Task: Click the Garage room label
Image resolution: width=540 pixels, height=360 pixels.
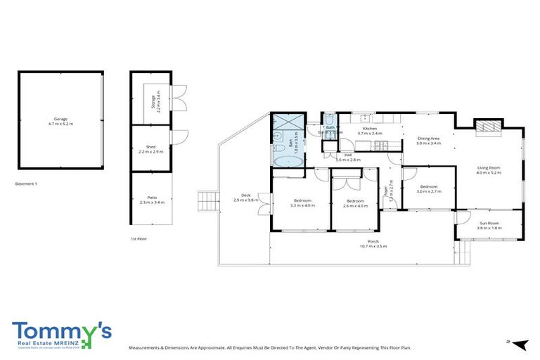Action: pyautogui.click(x=61, y=119)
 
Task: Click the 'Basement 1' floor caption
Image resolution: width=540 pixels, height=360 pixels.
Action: pyautogui.click(x=25, y=184)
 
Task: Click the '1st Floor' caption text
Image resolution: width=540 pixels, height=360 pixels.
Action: pyautogui.click(x=138, y=239)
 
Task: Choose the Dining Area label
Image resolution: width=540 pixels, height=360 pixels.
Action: pyautogui.click(x=428, y=139)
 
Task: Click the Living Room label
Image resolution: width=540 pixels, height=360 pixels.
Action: pyautogui.click(x=488, y=167)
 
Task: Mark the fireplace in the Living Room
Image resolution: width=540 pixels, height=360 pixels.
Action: pyautogui.click(x=487, y=126)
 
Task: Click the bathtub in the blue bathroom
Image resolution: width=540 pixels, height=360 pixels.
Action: pyautogui.click(x=288, y=161)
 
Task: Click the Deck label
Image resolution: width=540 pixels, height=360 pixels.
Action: pyautogui.click(x=246, y=195)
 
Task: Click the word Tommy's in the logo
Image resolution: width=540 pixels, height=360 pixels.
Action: pyautogui.click(x=61, y=332)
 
